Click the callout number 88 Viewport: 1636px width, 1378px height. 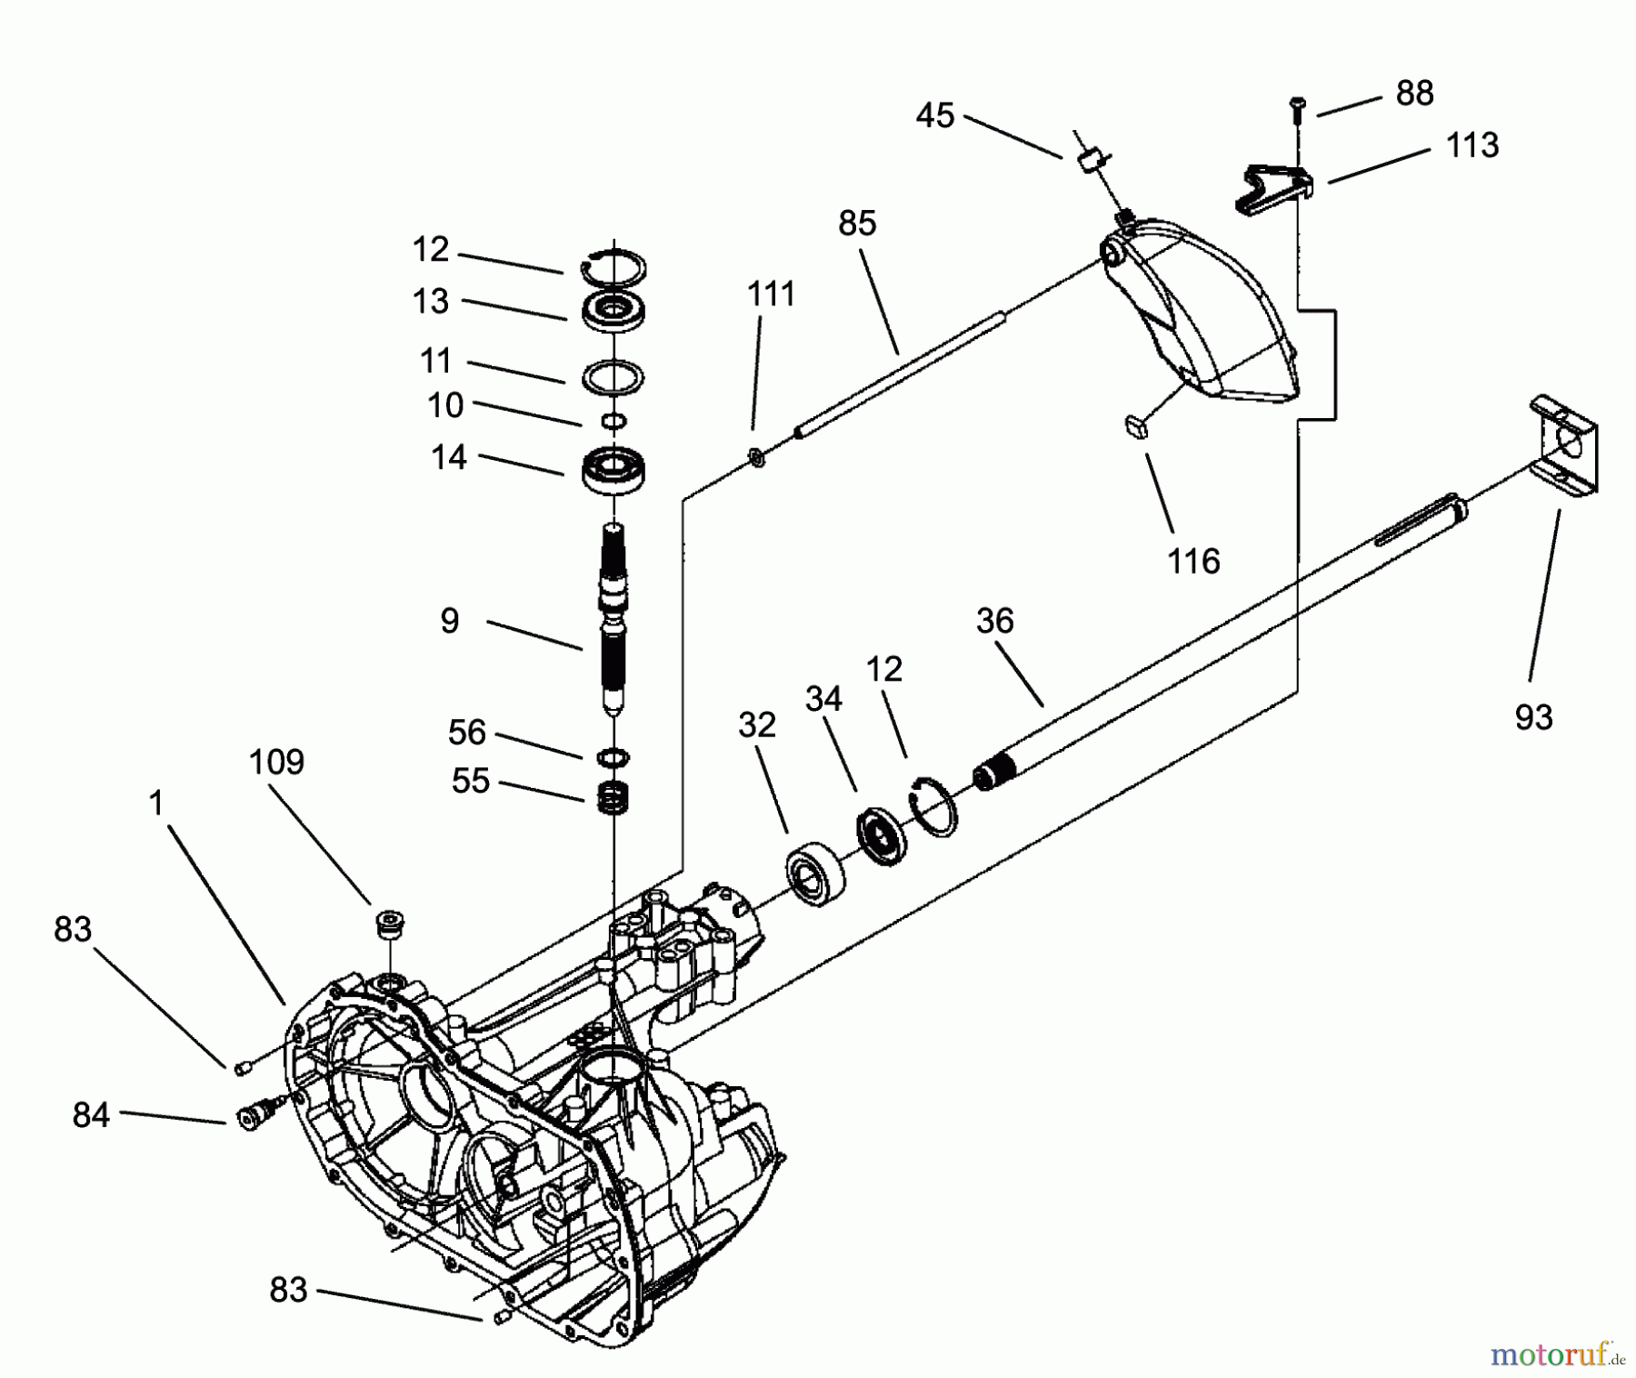pyautogui.click(x=1414, y=93)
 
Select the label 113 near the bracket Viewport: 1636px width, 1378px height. pyautogui.click(x=1471, y=145)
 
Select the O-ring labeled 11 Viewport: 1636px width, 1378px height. pyautogui.click(x=614, y=375)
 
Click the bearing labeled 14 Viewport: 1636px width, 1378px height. pyautogui.click(x=614, y=469)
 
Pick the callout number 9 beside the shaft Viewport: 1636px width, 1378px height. pyautogui.click(x=450, y=621)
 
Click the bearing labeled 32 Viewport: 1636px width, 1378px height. pyautogui.click(x=815, y=874)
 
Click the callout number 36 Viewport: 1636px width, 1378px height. pyautogui.click(x=994, y=621)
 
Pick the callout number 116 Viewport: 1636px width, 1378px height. pyautogui.click(x=1193, y=562)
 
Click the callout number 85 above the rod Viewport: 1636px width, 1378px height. pyautogui.click(x=857, y=223)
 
